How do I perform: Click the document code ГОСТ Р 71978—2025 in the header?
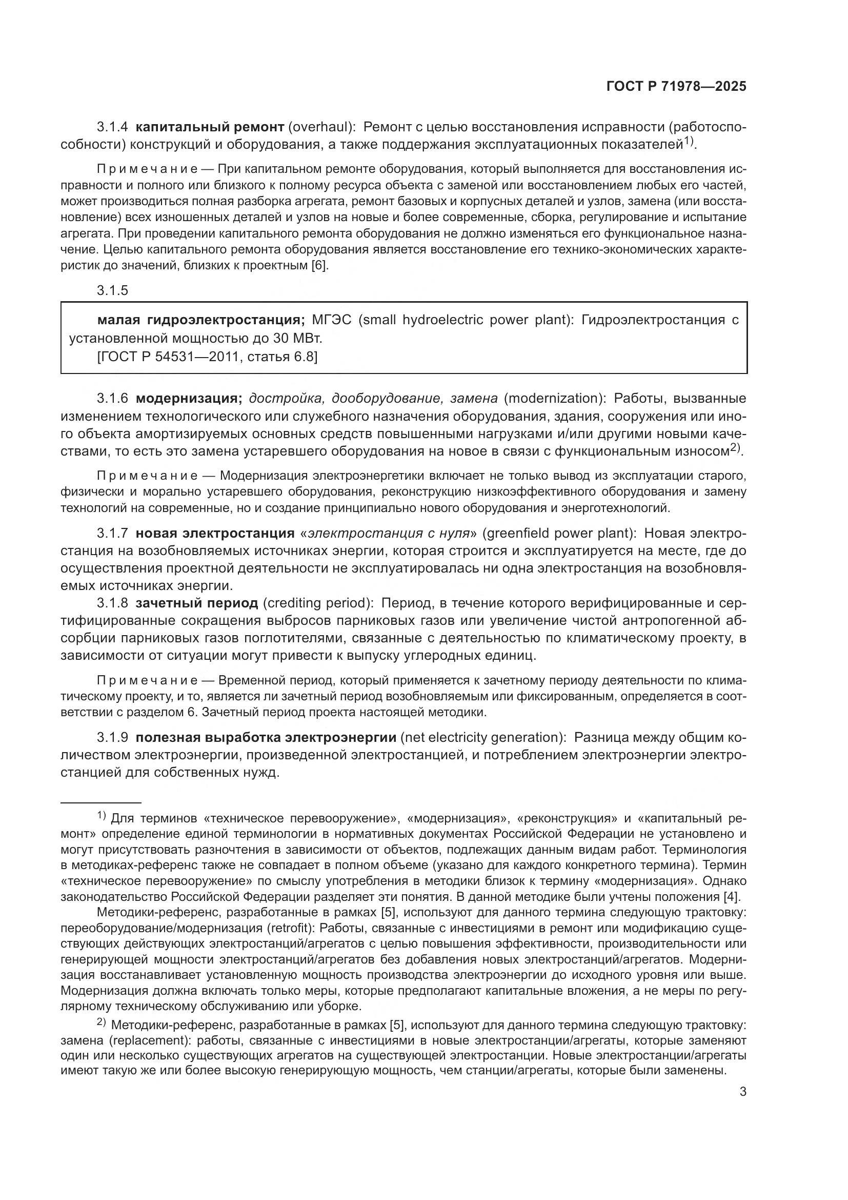pos(676,87)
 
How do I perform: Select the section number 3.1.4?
pos(112,127)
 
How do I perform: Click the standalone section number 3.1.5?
pos(112,290)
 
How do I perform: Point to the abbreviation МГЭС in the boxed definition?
pos(332,320)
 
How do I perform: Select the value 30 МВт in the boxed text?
pos(298,339)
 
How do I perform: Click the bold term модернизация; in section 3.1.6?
pos(189,398)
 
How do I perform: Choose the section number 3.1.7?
pos(112,533)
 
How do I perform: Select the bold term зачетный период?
pos(197,603)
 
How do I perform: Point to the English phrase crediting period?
pos(318,603)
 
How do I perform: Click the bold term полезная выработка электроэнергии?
pos(266,737)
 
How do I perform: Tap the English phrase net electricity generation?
pos(485,737)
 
